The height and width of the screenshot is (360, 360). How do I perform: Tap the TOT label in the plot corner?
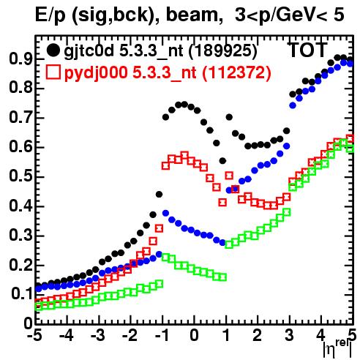(307, 50)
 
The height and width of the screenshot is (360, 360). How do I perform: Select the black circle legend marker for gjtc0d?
(53, 50)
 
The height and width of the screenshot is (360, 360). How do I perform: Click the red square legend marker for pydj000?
(53, 72)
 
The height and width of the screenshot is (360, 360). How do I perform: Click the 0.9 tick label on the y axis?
(20, 59)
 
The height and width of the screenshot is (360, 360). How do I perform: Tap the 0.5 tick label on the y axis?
(20, 177)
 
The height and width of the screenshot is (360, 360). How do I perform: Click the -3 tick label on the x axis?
(98, 336)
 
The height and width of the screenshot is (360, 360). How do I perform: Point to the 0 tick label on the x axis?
(194, 336)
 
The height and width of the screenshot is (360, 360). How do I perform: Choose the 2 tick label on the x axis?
(258, 336)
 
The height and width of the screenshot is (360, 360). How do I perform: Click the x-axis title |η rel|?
(338, 348)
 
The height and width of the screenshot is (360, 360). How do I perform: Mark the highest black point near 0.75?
(184, 105)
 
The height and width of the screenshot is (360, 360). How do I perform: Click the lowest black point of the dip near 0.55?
(222, 161)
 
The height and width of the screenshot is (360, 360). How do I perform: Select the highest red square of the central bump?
(184, 155)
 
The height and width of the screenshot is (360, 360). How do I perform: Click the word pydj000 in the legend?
(96, 73)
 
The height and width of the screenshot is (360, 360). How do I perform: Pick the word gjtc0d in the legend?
(89, 51)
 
